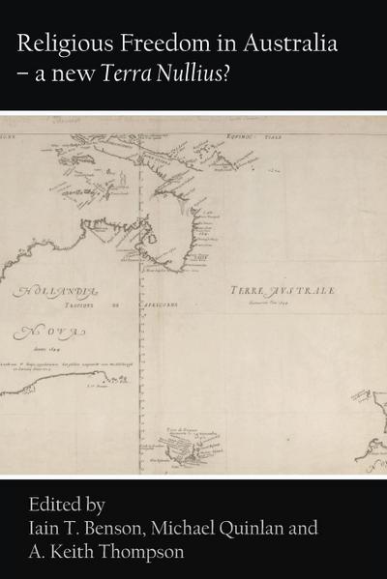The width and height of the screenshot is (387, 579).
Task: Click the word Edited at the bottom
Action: click(x=49, y=504)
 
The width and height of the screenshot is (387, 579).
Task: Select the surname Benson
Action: click(x=128, y=529)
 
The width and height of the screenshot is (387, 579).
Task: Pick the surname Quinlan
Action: click(x=276, y=529)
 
